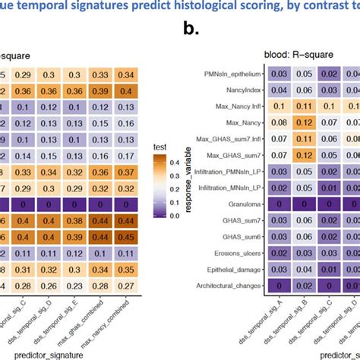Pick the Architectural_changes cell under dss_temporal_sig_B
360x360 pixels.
pos(305,286)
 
